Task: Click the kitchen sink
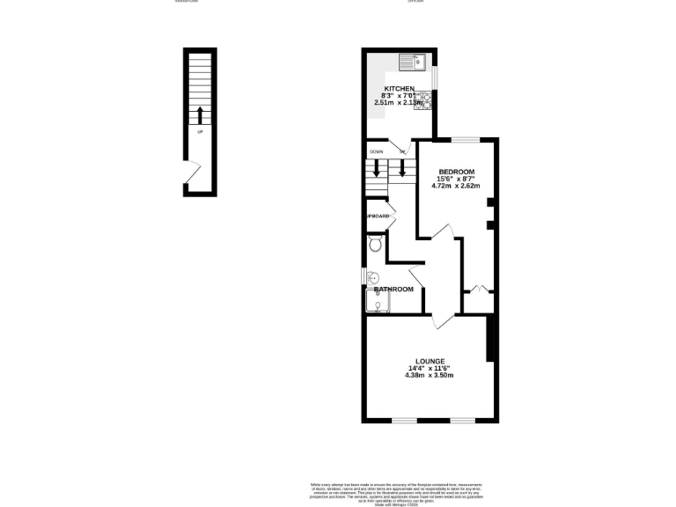pos(411,61)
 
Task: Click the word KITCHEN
pos(399,89)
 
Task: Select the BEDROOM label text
pos(456,171)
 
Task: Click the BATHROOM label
pos(393,290)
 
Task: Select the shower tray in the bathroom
pos(378,305)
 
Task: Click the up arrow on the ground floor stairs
pos(200,114)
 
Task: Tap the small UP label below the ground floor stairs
pos(200,133)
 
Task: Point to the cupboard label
pos(378,217)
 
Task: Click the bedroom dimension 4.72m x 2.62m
pos(455,186)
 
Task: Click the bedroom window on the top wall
pos(467,139)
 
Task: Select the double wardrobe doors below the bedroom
pos(477,289)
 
